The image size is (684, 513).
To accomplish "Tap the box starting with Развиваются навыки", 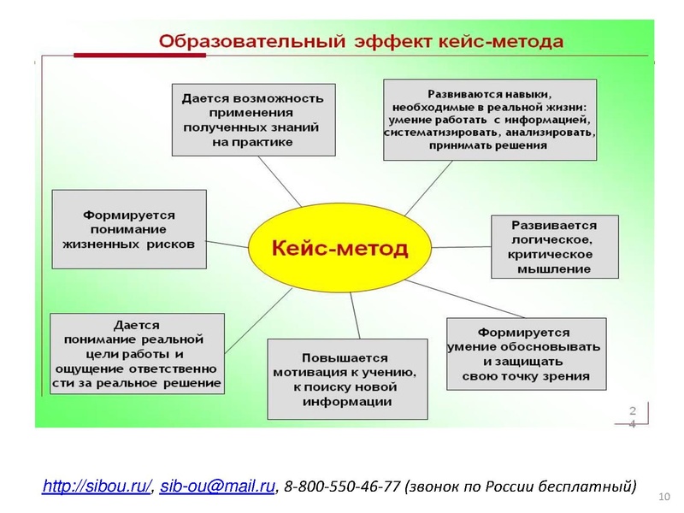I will tap(490, 120).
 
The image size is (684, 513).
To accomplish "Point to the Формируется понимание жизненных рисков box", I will tap(129, 229).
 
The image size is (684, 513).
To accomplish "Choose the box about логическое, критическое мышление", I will tap(554, 247).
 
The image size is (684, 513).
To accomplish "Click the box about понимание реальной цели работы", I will tap(137, 353).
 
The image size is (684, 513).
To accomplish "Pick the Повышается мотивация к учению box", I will tap(347, 379).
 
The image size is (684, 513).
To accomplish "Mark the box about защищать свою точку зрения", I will tap(526, 353).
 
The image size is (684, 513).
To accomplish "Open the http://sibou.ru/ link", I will tap(97, 486).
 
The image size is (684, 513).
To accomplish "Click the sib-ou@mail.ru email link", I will tap(217, 486).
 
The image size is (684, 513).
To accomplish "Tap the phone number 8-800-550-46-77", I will tap(342, 487).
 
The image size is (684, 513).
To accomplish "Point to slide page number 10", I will tap(665, 498).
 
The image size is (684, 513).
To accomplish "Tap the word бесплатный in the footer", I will tap(595, 487).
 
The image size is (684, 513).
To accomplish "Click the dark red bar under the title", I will tap(140, 56).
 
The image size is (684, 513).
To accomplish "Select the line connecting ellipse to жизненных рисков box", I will tap(227, 244).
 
